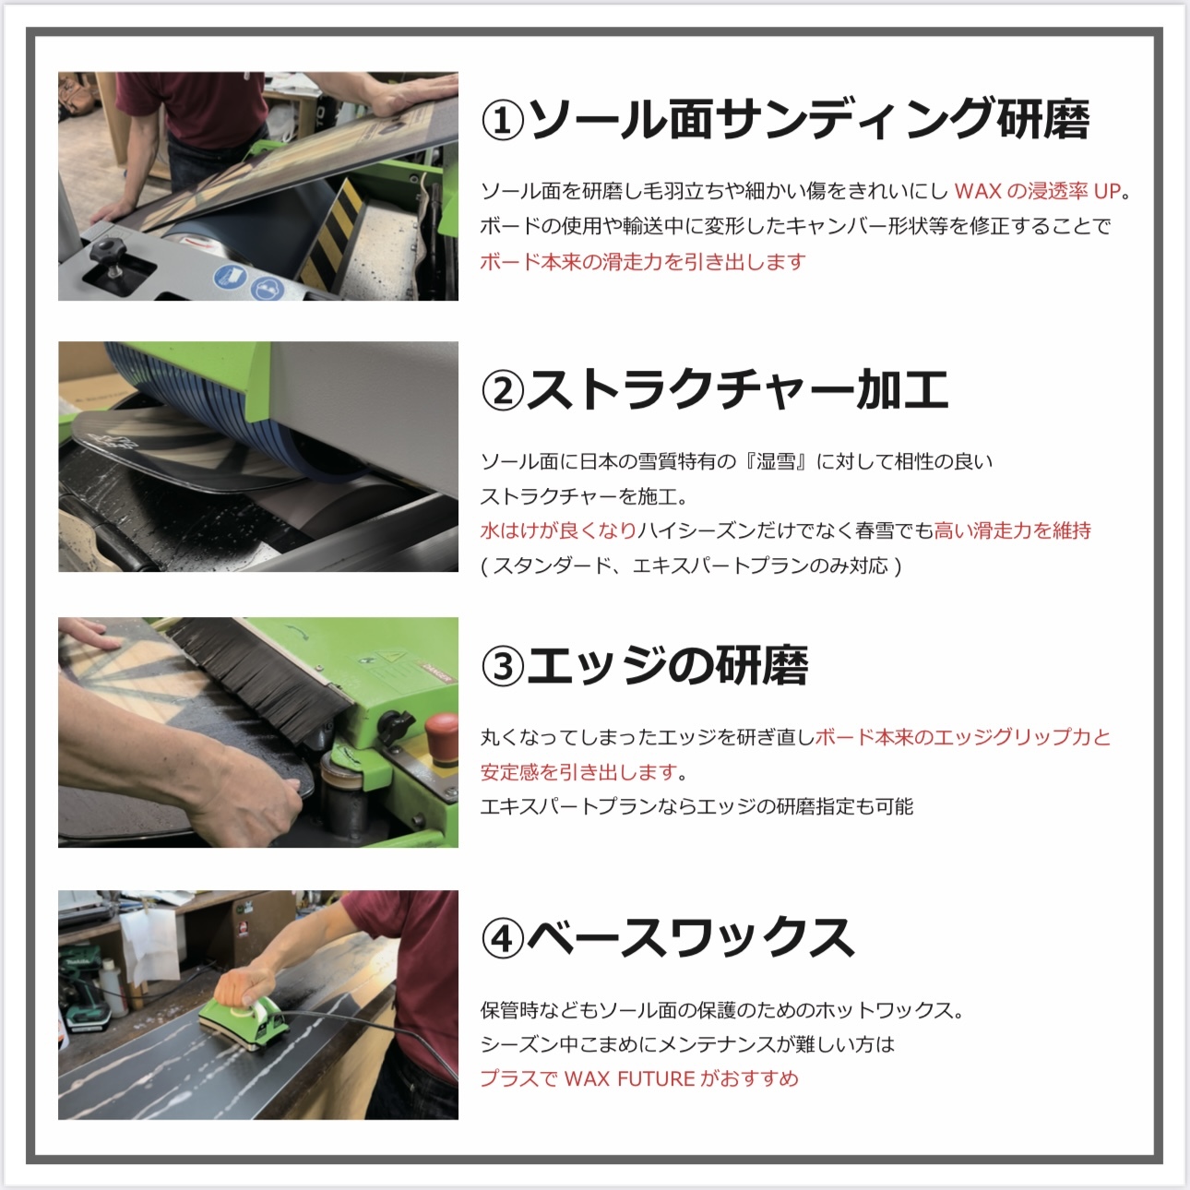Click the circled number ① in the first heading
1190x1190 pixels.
tap(503, 121)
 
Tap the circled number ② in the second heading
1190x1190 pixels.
tap(503, 390)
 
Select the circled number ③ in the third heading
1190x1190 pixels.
tap(503, 666)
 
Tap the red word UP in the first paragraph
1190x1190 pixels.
tap(1107, 192)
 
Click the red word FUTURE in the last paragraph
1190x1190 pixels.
tap(656, 1079)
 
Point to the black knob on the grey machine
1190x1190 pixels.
tap(109, 252)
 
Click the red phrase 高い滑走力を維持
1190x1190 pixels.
tap(1012, 530)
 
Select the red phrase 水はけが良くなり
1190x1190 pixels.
tap(558, 530)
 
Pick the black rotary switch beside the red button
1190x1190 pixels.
tap(394, 726)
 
